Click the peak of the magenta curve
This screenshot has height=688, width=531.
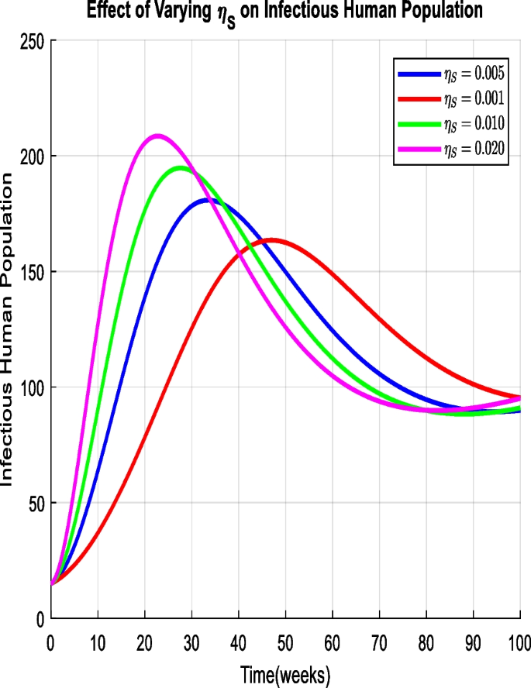click(x=158, y=136)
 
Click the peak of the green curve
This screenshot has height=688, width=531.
click(x=181, y=167)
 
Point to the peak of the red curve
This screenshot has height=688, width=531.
click(x=271, y=240)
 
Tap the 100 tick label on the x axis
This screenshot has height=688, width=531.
click(x=519, y=643)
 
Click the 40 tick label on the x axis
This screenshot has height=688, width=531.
click(x=238, y=643)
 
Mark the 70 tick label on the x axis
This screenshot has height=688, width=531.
click(x=379, y=643)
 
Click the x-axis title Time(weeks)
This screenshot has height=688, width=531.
click(x=284, y=674)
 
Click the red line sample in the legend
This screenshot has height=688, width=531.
click(x=419, y=98)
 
